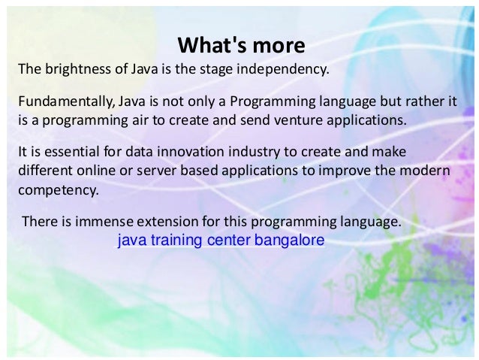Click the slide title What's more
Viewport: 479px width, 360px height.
pyautogui.click(x=240, y=46)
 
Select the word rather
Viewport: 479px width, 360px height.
pyautogui.click(x=419, y=101)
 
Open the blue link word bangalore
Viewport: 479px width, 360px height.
pyautogui.click(x=295, y=242)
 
